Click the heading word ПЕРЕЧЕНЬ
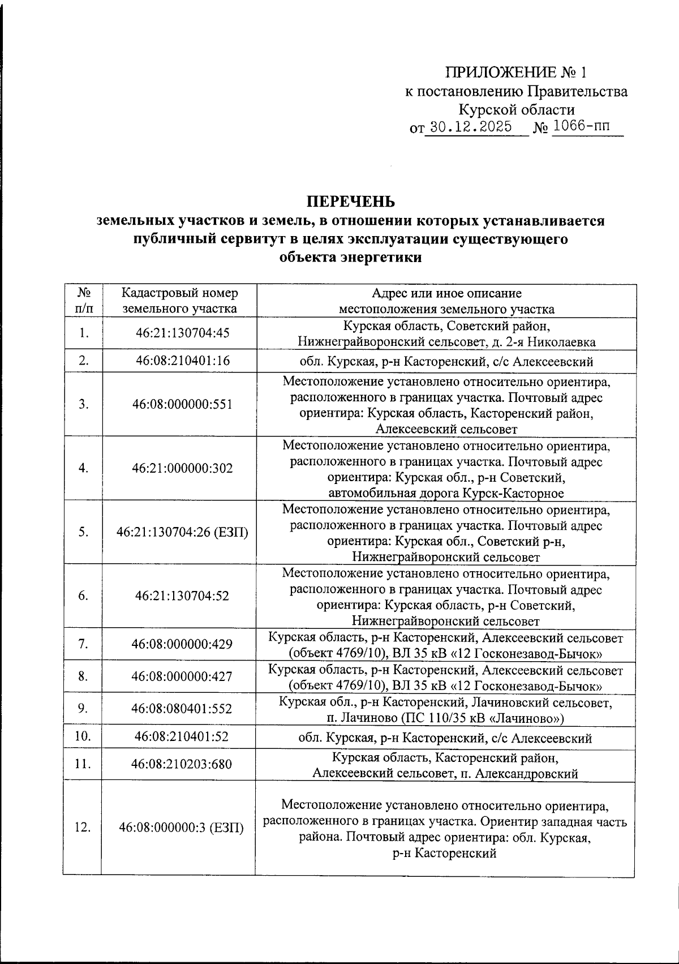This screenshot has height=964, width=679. [350, 202]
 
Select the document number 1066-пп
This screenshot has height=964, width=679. [582, 126]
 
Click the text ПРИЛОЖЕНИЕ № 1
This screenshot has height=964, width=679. [517, 72]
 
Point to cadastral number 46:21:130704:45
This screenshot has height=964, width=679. [182, 333]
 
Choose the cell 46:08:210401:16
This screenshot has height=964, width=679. [182, 360]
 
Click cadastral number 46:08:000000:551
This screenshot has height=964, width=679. [182, 404]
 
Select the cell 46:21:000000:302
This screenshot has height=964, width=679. [182, 468]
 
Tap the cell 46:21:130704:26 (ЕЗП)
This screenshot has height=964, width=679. [182, 532]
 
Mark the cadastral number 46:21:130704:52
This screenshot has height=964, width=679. [182, 595]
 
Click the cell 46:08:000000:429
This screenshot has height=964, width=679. [182, 644]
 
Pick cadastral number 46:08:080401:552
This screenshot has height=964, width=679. [182, 709]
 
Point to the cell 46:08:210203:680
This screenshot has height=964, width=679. [182, 764]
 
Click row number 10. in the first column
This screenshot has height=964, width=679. [83, 736]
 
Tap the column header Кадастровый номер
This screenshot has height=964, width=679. [180, 293]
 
